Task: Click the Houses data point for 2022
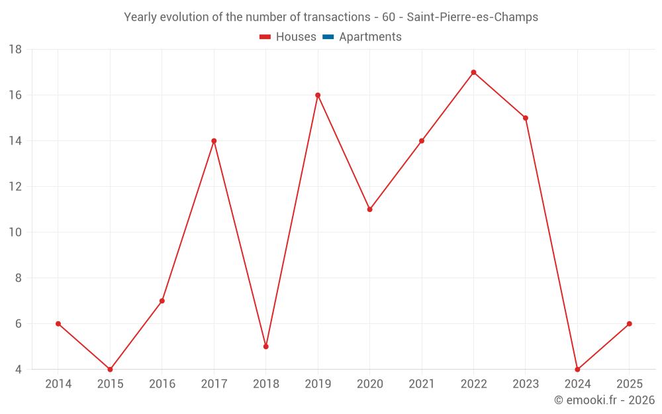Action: pyautogui.click(x=473, y=72)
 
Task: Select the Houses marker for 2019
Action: pyautogui.click(x=318, y=95)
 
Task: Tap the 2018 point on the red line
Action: pyautogui.click(x=265, y=346)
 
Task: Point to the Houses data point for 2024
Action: pyautogui.click(x=577, y=370)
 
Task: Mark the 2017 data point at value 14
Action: pyautogui.click(x=214, y=140)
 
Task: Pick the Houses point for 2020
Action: pyautogui.click(x=369, y=209)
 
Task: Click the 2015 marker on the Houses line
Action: pyautogui.click(x=110, y=370)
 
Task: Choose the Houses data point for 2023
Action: pyautogui.click(x=526, y=118)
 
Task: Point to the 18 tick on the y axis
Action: pyautogui.click(x=15, y=50)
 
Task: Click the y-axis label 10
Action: pyautogui.click(x=15, y=233)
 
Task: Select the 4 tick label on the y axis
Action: pyautogui.click(x=19, y=370)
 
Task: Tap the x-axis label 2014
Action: pyautogui.click(x=58, y=384)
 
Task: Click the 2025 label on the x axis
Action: pyautogui.click(x=629, y=384)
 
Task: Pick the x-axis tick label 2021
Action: pyautogui.click(x=422, y=384)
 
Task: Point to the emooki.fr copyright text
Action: pyautogui.click(x=604, y=400)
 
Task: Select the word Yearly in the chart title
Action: pyautogui.click(x=140, y=17)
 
